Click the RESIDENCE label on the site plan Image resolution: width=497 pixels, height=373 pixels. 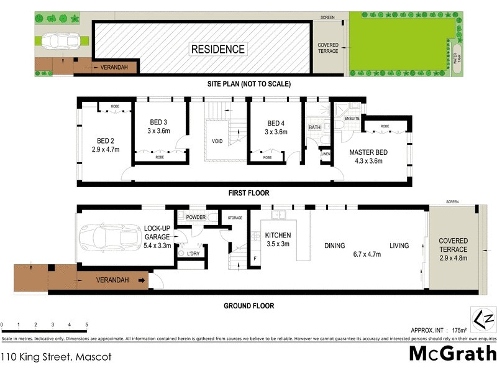(217, 49)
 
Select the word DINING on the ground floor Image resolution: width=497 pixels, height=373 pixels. (334, 246)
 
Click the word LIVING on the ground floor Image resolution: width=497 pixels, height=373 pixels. (399, 246)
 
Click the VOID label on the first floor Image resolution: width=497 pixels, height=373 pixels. (217, 141)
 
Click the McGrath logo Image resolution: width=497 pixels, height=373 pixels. (452, 353)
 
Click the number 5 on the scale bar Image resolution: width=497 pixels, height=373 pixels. (86, 325)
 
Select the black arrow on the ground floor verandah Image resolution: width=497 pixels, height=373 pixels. (142, 280)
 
